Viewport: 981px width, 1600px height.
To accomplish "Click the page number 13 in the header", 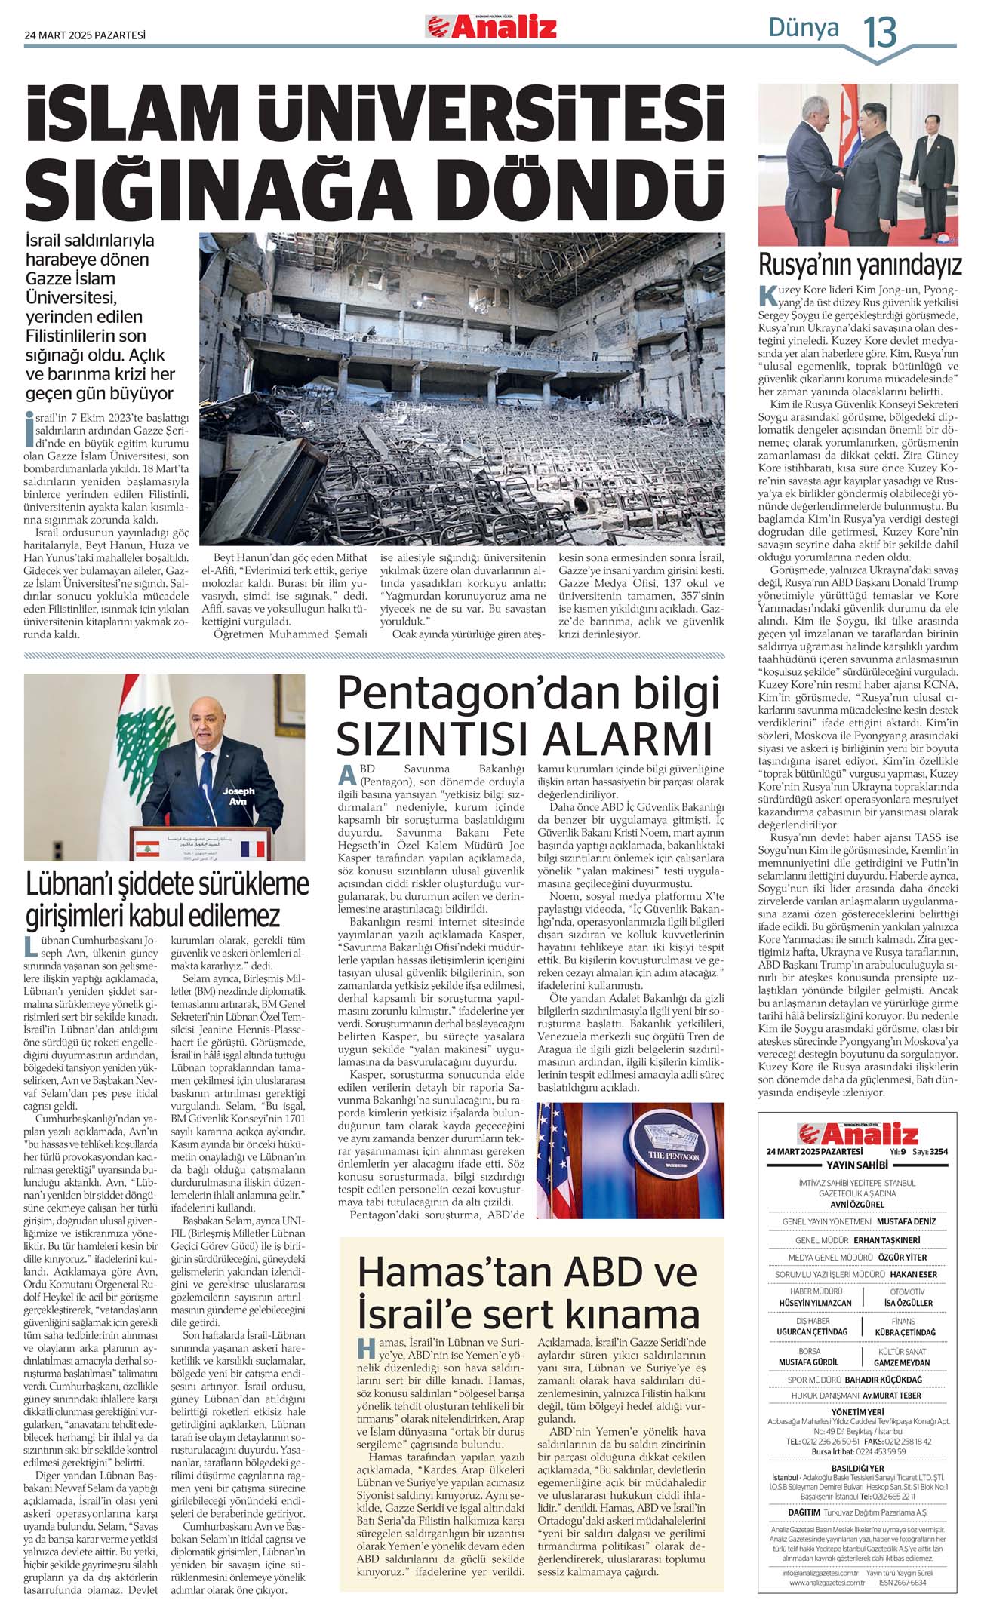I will (880, 32).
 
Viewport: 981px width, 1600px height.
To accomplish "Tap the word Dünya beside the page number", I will (803, 28).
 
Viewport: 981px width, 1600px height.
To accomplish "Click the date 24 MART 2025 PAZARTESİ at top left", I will (85, 35).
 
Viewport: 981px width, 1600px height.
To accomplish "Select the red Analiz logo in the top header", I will (491, 28).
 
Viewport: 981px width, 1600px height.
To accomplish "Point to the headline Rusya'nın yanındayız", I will (860, 265).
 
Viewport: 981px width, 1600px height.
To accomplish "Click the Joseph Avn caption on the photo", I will (238, 796).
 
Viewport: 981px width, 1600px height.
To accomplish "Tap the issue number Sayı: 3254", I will (930, 1152).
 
